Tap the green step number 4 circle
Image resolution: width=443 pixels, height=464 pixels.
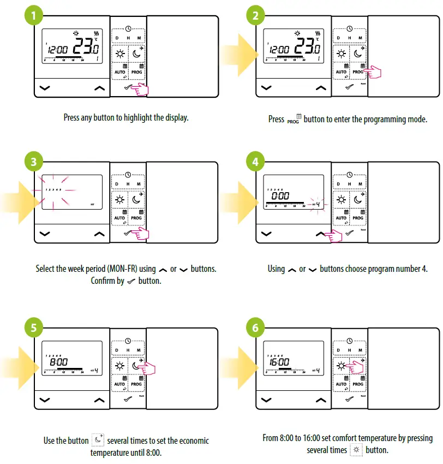tap(255, 162)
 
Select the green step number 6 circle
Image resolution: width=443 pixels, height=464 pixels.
tap(255, 329)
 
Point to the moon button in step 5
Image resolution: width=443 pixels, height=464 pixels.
tap(136, 366)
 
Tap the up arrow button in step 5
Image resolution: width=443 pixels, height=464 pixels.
tap(99, 400)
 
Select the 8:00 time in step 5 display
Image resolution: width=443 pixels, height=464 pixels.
tap(59, 361)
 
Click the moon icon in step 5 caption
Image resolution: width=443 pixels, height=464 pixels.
tap(98, 440)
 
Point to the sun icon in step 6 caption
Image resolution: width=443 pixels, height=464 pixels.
tap(357, 450)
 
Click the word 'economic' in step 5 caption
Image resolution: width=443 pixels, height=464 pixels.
tap(189, 441)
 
